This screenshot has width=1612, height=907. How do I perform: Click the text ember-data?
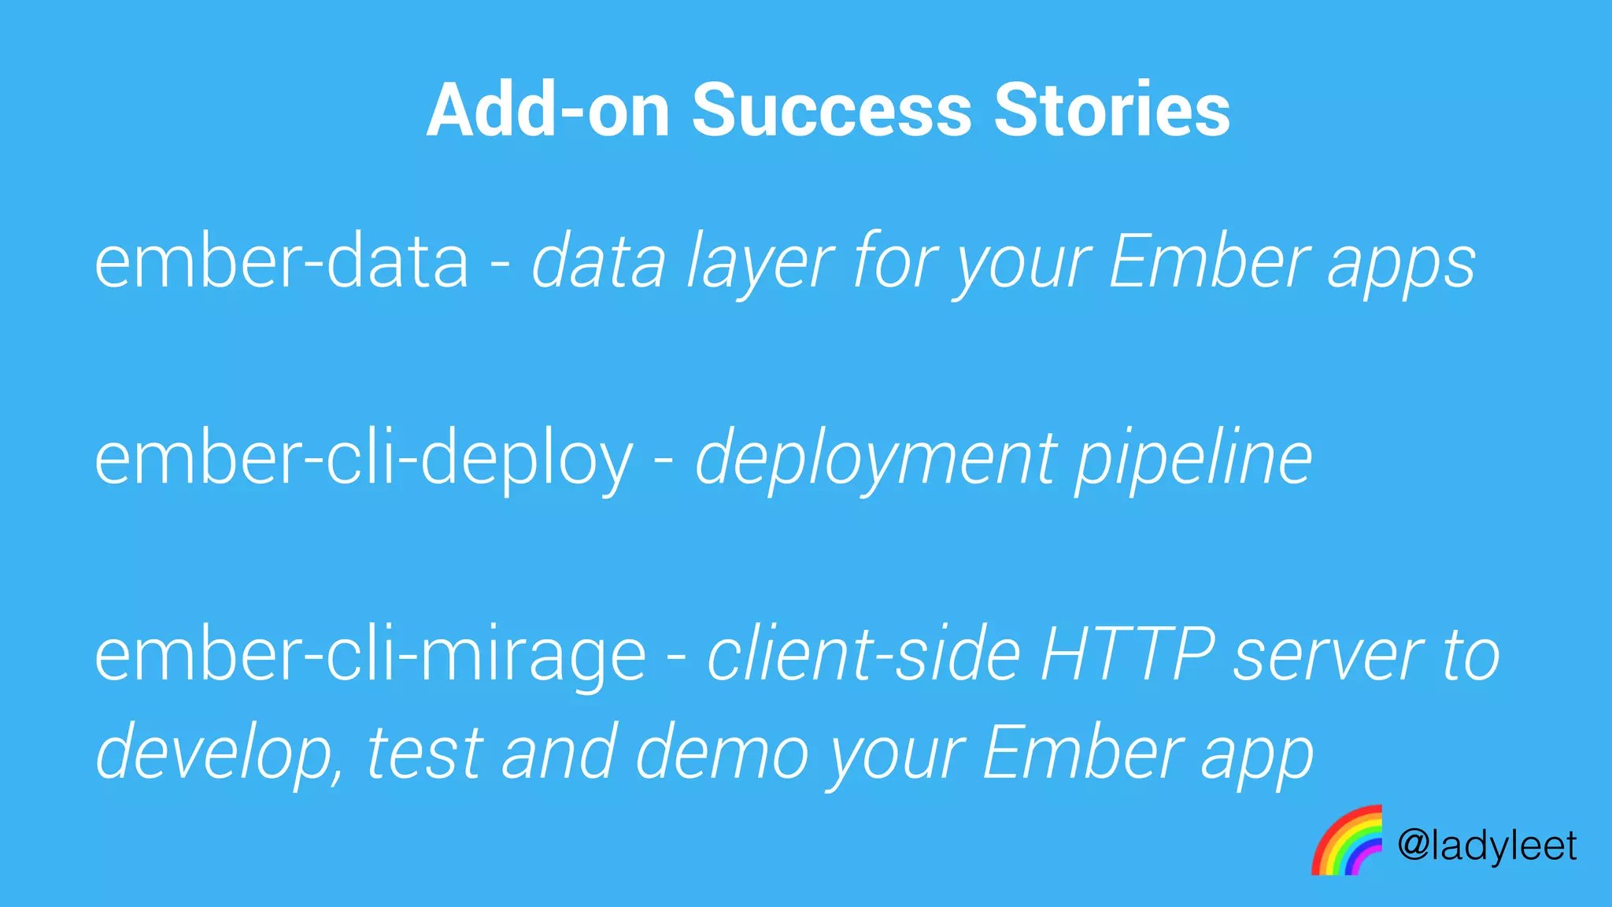point(282,261)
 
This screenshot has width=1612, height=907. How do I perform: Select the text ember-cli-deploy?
point(364,460)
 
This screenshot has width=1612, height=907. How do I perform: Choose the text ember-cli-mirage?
point(370,657)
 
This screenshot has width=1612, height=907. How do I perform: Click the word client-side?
point(863,655)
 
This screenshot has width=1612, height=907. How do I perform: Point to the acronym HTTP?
point(1127,655)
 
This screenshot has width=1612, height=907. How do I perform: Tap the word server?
point(1327,657)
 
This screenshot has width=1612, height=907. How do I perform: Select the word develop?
point(217,754)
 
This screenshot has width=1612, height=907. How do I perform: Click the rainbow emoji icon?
point(1347,840)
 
